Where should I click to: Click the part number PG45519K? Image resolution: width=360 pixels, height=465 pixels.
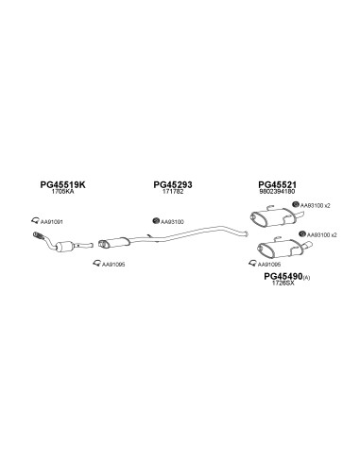[62, 184]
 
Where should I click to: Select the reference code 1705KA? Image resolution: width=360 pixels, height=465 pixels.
[63, 191]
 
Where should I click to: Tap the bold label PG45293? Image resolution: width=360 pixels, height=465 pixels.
[173, 184]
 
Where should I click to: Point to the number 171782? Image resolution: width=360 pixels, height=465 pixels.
[173, 191]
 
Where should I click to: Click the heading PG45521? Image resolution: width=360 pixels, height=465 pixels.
[277, 184]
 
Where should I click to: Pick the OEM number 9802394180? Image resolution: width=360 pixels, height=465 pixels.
[277, 191]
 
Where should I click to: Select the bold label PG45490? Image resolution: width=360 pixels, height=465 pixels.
[283, 276]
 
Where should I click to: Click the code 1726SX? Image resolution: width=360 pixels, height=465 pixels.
[283, 283]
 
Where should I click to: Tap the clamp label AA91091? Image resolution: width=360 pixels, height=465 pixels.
[52, 222]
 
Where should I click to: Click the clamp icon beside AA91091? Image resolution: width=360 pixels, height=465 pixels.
[35, 220]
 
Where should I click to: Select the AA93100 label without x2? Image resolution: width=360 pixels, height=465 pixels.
[172, 222]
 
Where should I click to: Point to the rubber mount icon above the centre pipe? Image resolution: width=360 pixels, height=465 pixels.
[156, 221]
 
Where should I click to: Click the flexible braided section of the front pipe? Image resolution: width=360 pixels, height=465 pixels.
[39, 236]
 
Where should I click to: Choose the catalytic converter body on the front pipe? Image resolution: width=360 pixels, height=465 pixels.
[64, 246]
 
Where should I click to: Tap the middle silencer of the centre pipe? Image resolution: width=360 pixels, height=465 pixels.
[114, 243]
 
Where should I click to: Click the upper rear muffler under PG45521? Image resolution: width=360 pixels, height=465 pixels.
[273, 216]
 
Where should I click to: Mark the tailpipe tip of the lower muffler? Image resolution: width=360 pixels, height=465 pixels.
[308, 245]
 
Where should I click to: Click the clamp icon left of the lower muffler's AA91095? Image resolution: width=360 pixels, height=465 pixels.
[252, 263]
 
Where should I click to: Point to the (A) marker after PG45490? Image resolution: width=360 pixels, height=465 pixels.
[306, 278]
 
